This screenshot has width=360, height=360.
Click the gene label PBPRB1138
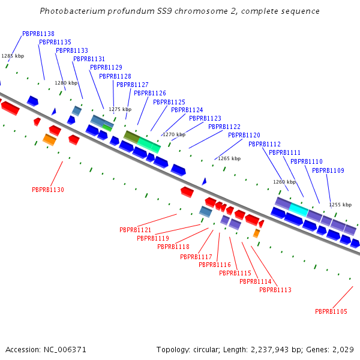38,34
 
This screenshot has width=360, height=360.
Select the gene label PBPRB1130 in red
48,190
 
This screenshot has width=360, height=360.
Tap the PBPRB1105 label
331,311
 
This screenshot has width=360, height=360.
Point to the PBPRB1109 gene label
328,171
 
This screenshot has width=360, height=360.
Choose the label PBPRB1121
135,230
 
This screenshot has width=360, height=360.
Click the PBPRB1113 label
275,290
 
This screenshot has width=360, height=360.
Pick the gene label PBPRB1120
244,135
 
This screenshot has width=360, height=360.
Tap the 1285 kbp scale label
13,56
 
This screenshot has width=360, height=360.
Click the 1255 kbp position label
340,205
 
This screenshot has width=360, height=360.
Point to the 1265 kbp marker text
229,158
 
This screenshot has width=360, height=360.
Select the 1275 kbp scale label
120,109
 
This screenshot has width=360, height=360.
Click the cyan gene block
299,209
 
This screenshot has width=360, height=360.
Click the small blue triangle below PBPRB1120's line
204,181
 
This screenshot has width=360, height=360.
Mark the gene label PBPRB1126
150,93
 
